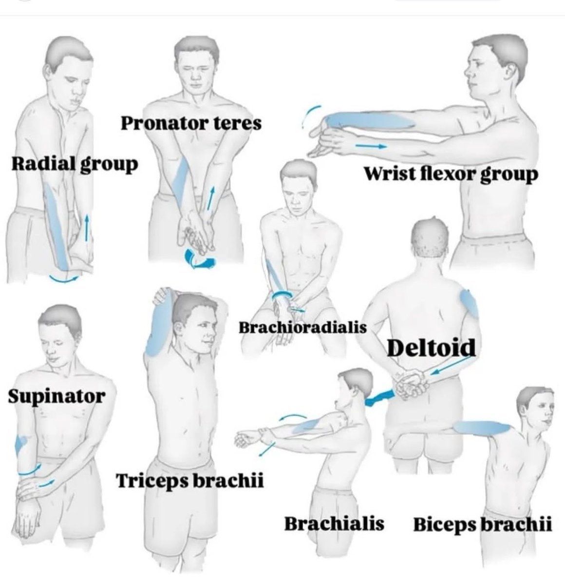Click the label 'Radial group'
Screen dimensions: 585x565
point(75,164)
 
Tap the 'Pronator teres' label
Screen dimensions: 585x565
point(191,123)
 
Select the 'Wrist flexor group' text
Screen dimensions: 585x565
point(451,174)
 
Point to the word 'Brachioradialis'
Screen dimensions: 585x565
point(302,327)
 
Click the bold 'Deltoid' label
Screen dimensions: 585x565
point(431,347)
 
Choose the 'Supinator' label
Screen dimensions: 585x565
point(56,396)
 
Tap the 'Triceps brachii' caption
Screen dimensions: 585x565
point(190,480)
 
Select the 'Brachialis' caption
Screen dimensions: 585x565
point(334,524)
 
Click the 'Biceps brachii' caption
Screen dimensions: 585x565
point(482,525)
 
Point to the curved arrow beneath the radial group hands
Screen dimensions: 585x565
point(63,278)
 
